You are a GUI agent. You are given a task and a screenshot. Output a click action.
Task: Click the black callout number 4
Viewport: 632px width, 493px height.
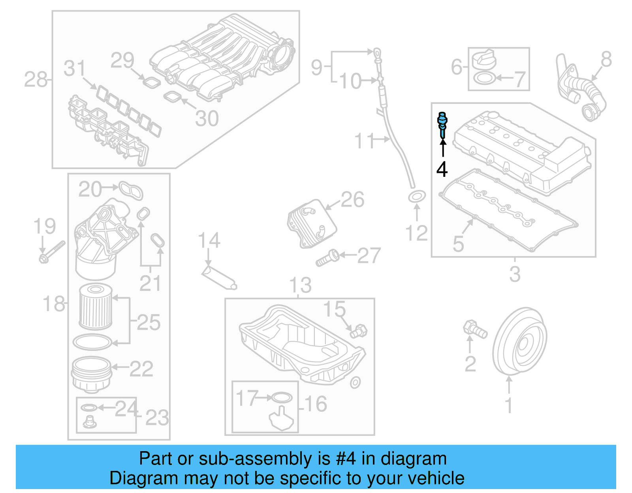pos(442,169)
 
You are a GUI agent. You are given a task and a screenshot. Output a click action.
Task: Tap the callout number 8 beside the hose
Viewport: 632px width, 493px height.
pos(606,60)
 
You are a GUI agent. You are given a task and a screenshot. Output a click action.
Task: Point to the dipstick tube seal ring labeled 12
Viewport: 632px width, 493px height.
pos(417,196)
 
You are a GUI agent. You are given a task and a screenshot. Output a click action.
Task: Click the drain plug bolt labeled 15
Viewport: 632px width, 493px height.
pos(358,330)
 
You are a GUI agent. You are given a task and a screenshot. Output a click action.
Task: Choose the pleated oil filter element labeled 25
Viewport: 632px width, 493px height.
pos(96,307)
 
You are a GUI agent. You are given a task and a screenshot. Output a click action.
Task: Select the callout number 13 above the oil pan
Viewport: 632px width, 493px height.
pos(300,285)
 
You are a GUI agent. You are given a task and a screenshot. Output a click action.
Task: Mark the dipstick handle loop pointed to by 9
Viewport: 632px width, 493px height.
pos(377,52)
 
